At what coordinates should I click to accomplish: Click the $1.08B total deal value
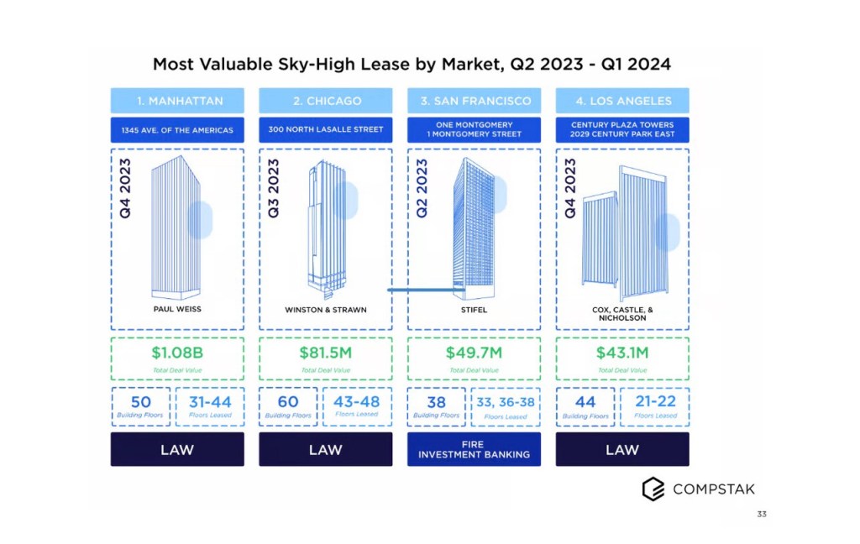click(177, 353)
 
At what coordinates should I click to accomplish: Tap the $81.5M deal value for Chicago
click(325, 353)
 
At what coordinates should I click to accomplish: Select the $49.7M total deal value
click(474, 353)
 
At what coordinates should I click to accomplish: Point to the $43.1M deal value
click(621, 353)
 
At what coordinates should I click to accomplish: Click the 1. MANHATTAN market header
click(177, 101)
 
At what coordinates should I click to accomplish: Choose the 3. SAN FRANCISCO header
click(474, 101)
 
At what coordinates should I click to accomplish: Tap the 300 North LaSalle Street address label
click(325, 129)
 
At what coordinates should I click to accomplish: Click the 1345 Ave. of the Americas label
click(177, 129)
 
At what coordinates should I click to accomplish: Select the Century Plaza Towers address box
click(621, 129)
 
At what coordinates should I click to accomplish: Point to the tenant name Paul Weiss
click(177, 309)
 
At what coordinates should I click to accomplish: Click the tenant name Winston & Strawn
click(325, 310)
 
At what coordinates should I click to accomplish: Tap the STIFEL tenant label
click(474, 310)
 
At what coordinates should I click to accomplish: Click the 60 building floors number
click(288, 402)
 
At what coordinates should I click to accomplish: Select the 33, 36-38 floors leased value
click(506, 403)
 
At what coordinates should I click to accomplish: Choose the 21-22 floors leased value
click(655, 403)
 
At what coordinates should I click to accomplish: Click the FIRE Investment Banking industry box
click(474, 449)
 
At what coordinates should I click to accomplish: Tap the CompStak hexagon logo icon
click(653, 489)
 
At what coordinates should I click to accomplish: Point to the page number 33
click(762, 514)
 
